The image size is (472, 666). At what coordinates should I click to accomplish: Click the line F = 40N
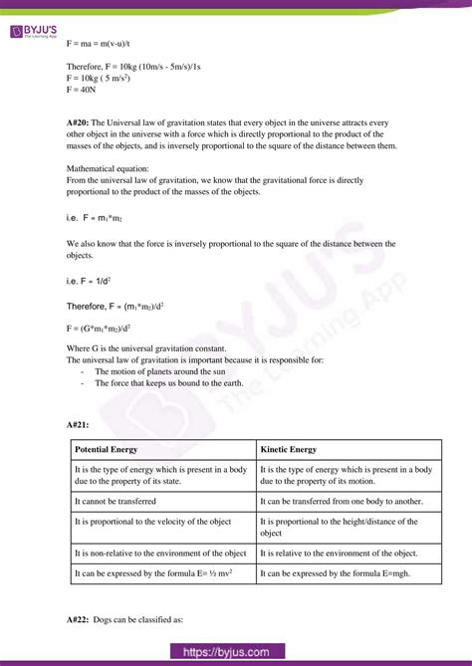[x=81, y=90]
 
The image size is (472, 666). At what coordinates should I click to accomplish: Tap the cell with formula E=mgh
[x=334, y=573]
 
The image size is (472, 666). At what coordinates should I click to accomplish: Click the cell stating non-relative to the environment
[x=160, y=553]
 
